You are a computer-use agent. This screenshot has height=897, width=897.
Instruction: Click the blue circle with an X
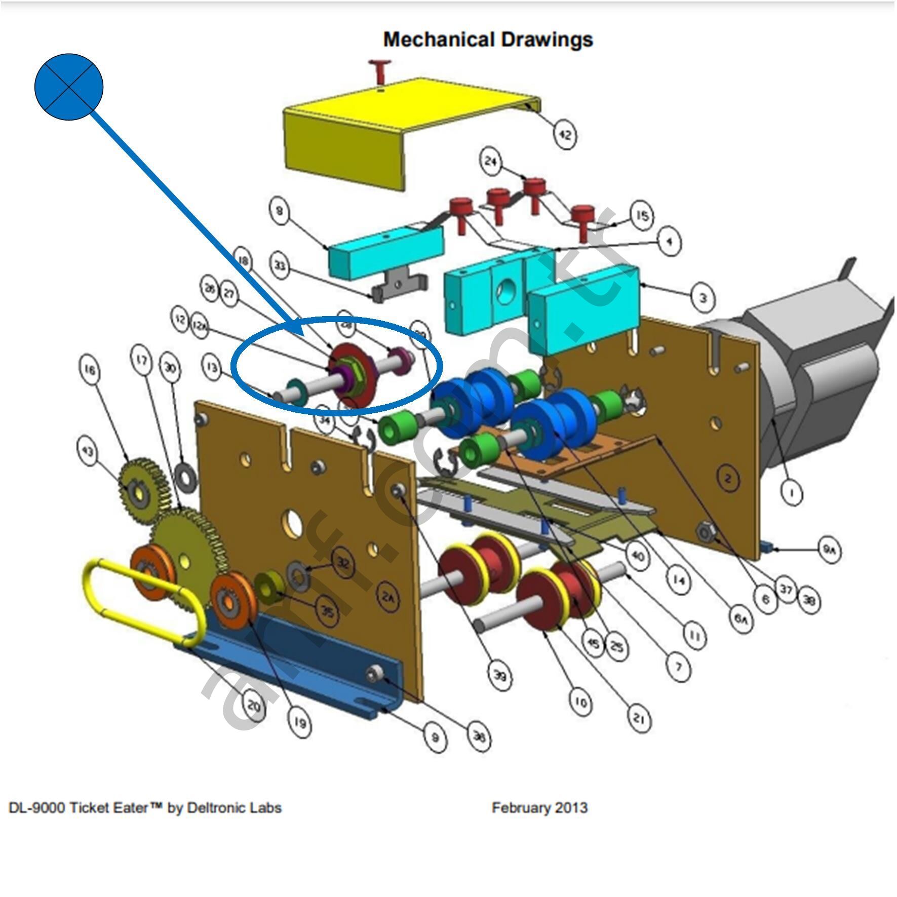[69, 87]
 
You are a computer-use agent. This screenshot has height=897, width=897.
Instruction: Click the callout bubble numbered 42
[564, 135]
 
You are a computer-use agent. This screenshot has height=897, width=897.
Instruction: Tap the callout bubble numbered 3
[703, 298]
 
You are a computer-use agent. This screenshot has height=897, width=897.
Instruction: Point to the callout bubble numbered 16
[90, 370]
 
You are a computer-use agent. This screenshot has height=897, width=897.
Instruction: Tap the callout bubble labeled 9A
[829, 550]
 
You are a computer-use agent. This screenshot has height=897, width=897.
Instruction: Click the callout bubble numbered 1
[792, 492]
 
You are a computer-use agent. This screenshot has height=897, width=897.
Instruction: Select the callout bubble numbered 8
[280, 210]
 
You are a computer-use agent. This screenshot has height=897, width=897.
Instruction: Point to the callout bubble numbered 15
[642, 216]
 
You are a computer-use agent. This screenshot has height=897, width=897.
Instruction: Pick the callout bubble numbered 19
[299, 723]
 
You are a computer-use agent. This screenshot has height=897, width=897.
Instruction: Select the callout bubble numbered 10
[581, 702]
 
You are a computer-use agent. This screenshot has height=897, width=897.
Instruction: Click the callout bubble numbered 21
[639, 718]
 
